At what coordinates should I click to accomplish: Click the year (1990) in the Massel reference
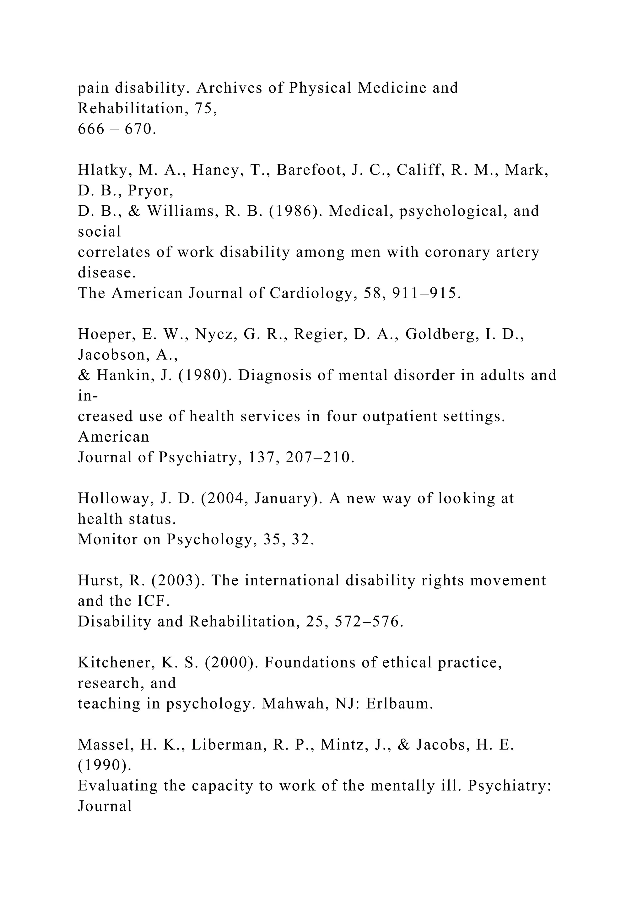(x=105, y=766)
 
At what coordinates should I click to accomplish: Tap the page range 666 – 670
(x=117, y=129)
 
